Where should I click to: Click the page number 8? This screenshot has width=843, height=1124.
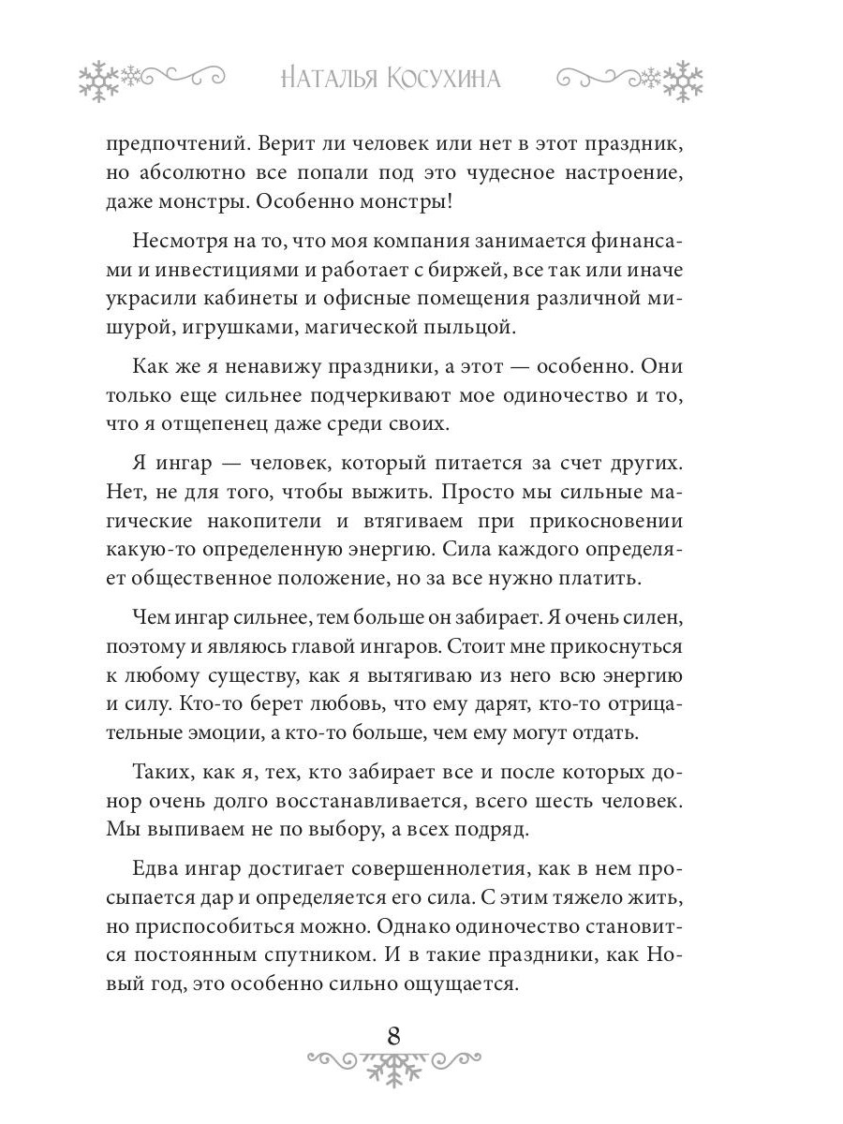coord(393,1035)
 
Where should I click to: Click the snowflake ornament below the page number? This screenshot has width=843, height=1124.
coord(393,1066)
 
